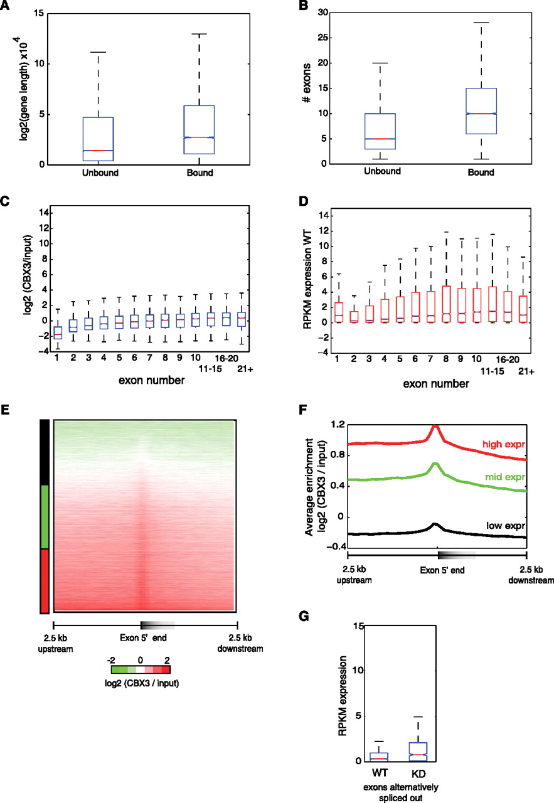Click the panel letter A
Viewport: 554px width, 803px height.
(6, 7)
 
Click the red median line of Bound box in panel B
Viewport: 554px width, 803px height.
(480, 114)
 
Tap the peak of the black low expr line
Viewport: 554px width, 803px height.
(435, 524)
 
